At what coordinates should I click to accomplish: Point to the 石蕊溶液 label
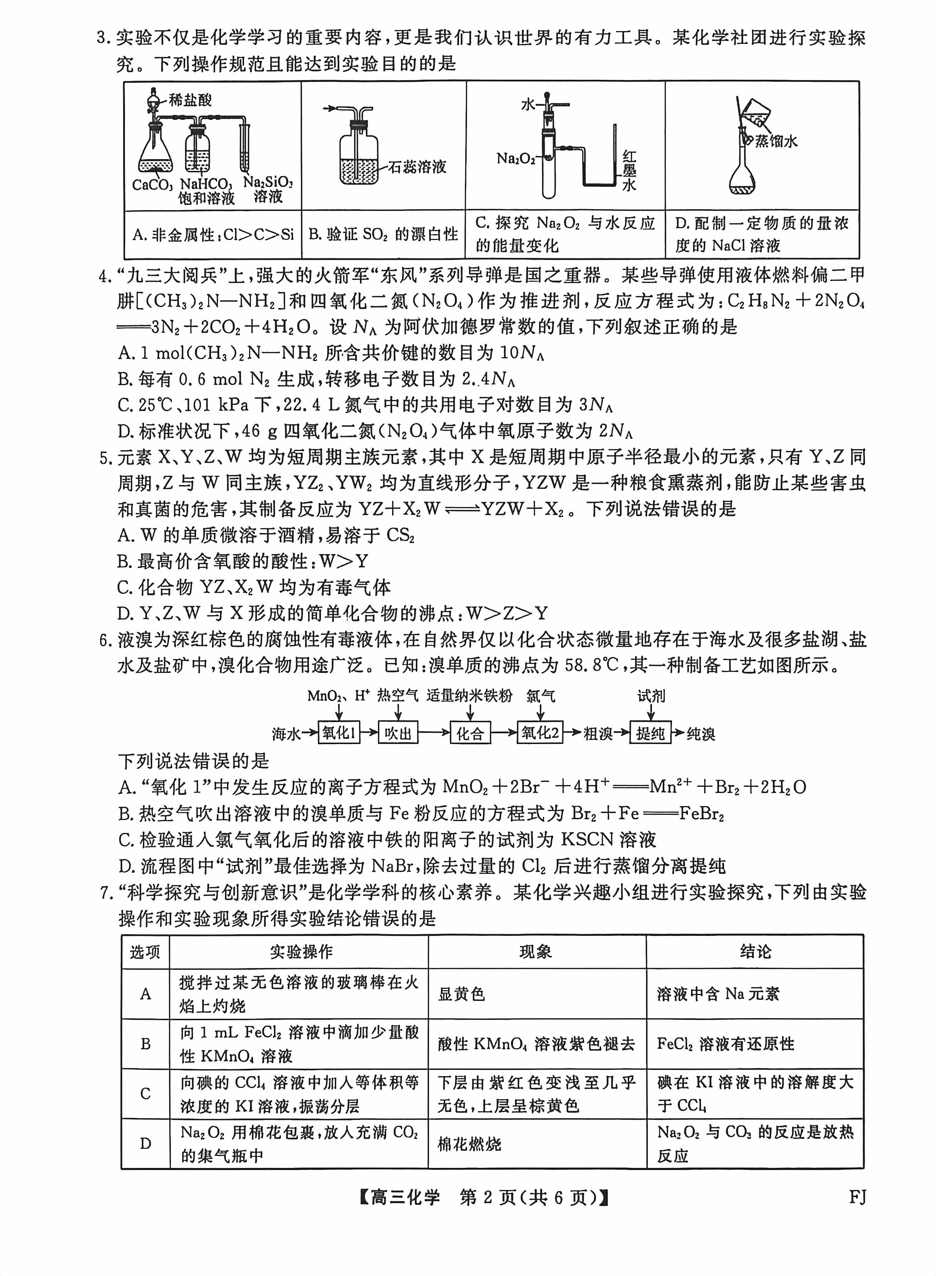tap(418, 167)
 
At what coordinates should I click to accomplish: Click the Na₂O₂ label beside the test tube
tap(516, 159)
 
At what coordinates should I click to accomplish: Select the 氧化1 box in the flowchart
tap(339, 733)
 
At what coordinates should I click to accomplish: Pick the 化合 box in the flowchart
tap(470, 733)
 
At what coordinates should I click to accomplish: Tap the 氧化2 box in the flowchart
tap(540, 733)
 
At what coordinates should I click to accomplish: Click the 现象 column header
tap(536, 951)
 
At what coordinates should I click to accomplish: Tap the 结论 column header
tap(755, 951)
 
